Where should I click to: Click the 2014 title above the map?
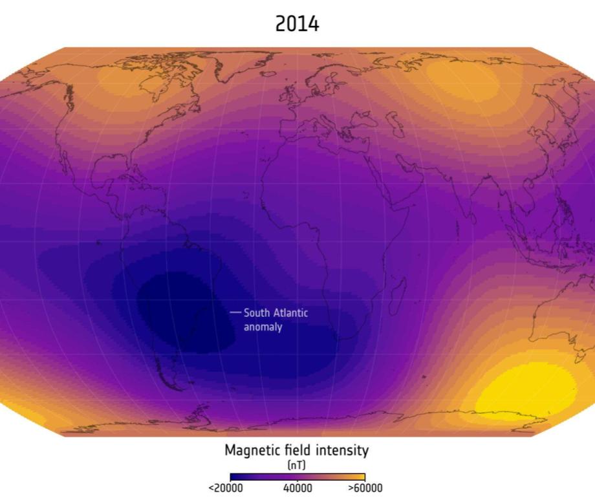297,24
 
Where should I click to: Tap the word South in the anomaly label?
258,313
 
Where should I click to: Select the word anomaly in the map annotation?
263,327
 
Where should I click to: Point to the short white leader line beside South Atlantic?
235,313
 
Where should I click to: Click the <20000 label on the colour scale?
226,488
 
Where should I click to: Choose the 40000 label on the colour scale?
297,488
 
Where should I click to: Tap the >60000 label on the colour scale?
365,488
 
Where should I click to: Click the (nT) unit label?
297,465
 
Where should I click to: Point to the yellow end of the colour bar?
360,477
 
